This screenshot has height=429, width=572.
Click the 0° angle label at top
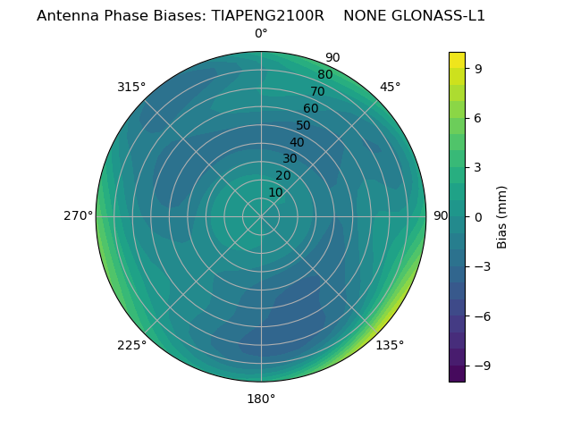click(261, 34)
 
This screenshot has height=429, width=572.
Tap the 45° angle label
click(390, 87)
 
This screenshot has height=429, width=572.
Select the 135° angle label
click(390, 345)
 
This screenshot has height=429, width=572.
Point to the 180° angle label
click(261, 399)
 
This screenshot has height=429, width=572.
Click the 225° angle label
click(131, 345)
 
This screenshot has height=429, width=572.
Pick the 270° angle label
click(78, 216)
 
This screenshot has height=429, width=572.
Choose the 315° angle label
click(131, 87)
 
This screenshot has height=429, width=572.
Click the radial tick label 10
click(275, 192)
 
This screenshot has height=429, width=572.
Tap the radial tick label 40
click(297, 142)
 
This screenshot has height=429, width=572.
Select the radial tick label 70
click(318, 91)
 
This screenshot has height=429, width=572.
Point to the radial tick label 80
click(325, 75)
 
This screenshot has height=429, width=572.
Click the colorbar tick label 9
click(478, 68)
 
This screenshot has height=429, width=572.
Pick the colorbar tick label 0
click(478, 216)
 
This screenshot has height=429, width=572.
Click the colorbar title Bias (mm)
click(502, 216)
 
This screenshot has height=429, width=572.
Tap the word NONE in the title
click(364, 16)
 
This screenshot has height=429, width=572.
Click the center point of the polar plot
click(261, 216)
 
